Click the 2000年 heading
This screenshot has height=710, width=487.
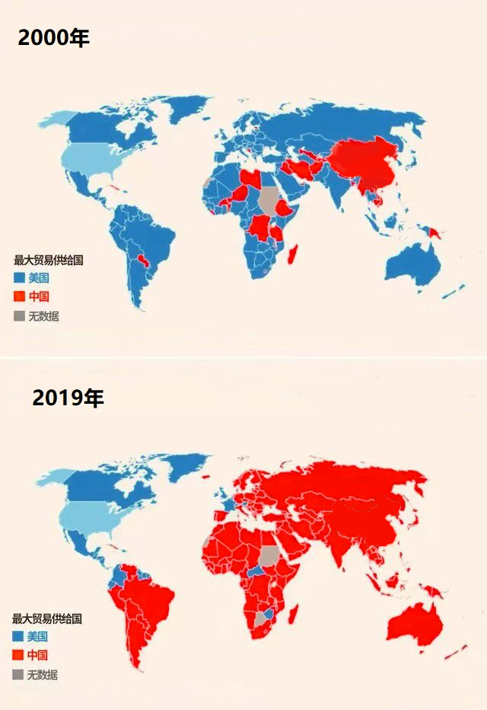(53, 37)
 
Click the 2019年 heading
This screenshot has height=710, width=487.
(68, 398)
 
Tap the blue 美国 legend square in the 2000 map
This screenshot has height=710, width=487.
(19, 278)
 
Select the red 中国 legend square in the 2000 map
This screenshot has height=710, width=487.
(19, 296)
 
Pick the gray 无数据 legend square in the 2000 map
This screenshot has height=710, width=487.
(19, 315)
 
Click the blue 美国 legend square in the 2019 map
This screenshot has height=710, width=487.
(18, 636)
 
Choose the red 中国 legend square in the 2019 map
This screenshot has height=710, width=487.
(18, 655)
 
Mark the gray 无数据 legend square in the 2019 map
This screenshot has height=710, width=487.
(18, 674)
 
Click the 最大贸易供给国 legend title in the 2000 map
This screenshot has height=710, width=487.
(48, 261)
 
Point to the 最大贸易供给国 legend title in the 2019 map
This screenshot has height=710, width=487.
(46, 619)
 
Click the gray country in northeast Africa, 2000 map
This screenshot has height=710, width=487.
(269, 199)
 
